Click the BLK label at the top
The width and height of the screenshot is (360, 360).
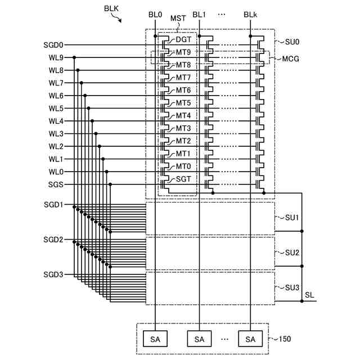(111, 8)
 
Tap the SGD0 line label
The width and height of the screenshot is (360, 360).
(54, 44)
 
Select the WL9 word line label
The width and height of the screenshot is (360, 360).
(56, 57)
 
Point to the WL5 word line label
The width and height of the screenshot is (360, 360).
(56, 109)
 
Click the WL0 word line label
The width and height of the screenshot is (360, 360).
(56, 172)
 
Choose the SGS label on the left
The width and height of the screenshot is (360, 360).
(56, 184)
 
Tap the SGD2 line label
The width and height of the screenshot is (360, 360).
(54, 240)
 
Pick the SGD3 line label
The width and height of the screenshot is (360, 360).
(54, 274)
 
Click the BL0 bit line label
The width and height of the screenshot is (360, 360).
(155, 14)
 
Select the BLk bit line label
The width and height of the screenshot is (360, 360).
(251, 14)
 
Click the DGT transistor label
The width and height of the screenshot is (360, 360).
(183, 39)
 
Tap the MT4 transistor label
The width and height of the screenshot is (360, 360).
(183, 116)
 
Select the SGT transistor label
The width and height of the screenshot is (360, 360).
(183, 179)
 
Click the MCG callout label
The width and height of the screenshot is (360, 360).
(290, 58)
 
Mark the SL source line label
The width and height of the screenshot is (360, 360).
(310, 295)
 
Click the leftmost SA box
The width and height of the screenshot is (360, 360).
(155, 339)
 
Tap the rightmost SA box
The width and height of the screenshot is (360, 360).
(250, 339)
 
